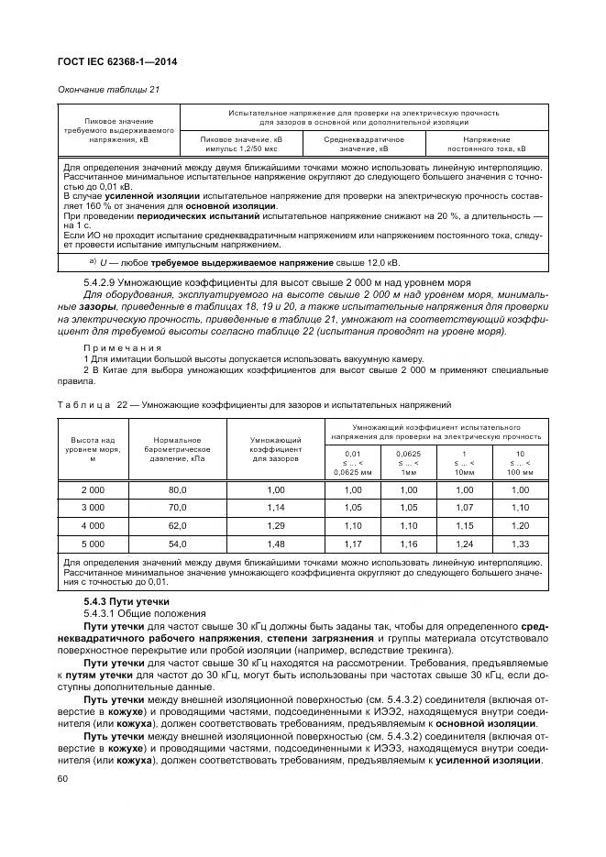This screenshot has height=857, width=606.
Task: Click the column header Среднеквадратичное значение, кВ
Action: (363, 143)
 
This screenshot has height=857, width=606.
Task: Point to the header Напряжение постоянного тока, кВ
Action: (486, 143)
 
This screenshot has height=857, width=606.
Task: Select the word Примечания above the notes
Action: (122, 348)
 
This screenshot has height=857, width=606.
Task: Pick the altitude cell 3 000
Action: (94, 507)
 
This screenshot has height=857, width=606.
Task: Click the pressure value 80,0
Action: (177, 490)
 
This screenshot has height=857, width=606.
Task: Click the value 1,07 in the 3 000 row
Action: (466, 507)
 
